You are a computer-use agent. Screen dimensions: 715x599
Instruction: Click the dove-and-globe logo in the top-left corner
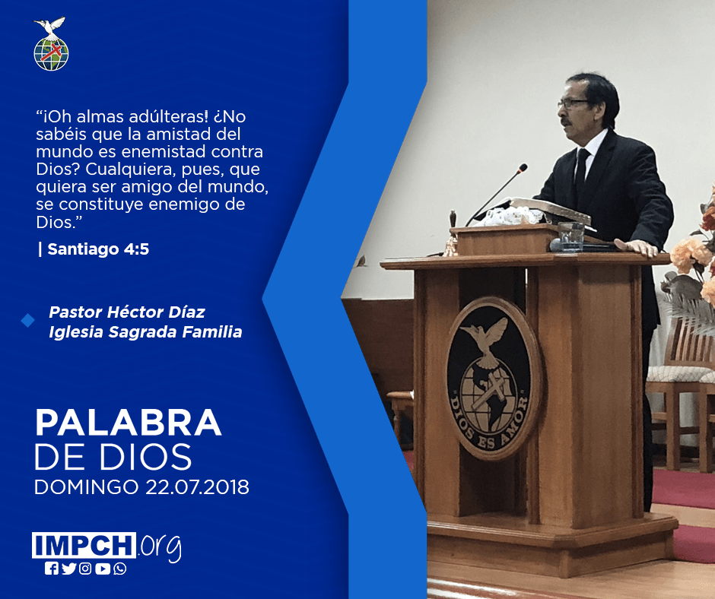tap(51, 44)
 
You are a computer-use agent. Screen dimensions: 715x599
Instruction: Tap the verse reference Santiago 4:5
tap(98, 249)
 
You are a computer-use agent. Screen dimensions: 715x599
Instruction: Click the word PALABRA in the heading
tap(128, 423)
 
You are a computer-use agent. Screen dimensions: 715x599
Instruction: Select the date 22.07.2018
tap(198, 486)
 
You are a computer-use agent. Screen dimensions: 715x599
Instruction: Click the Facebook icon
tap(52, 569)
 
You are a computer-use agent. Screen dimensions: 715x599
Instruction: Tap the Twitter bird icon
tap(69, 569)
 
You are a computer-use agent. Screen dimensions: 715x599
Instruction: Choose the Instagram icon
tap(85, 569)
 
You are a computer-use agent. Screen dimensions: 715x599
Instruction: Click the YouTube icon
tap(103, 569)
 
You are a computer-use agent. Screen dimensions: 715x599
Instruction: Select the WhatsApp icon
tap(120, 569)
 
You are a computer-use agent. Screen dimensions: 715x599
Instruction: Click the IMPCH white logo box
tap(84, 545)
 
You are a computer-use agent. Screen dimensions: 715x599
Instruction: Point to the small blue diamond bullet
tap(28, 321)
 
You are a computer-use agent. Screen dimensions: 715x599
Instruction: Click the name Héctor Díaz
tap(156, 312)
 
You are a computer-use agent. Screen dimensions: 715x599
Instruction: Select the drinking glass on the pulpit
tap(571, 236)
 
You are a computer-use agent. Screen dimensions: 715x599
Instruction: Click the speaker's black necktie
tap(581, 173)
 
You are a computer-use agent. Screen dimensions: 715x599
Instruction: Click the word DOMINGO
tap(87, 486)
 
